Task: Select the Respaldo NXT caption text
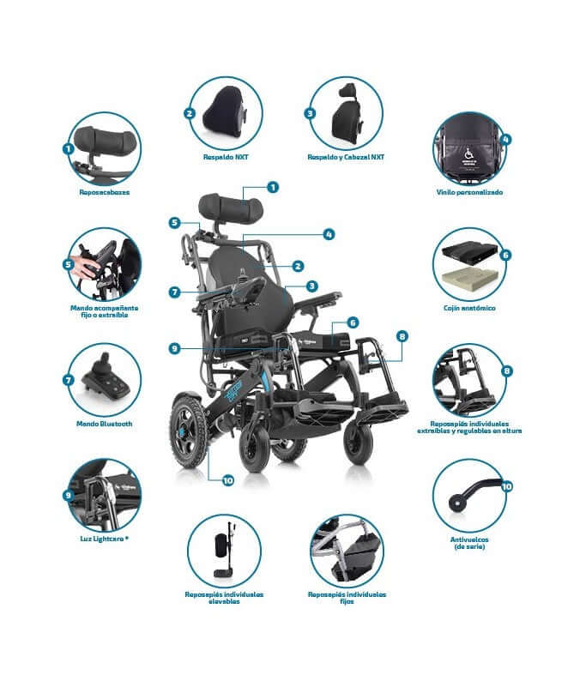(226, 158)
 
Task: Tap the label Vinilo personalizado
(469, 193)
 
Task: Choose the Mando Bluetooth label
(104, 424)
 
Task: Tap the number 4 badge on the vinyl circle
(505, 138)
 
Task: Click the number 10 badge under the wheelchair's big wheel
(227, 480)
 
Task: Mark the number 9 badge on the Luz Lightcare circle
(68, 495)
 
